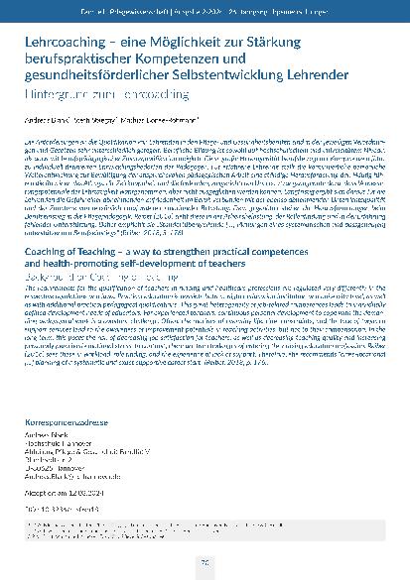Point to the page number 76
(205, 561)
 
